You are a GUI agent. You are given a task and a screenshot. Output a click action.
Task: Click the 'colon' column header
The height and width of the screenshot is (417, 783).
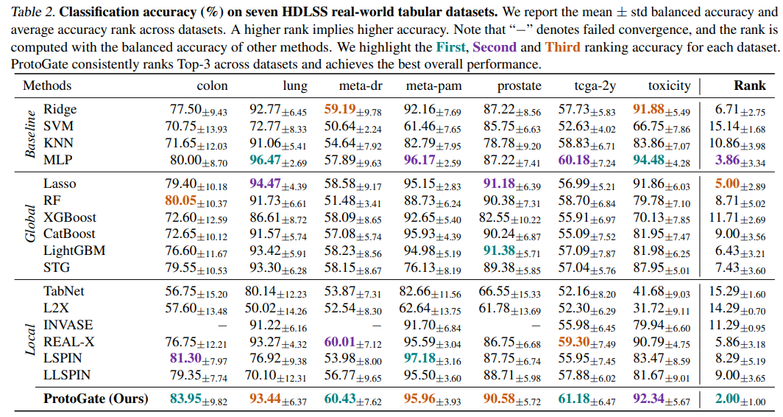(x=212, y=85)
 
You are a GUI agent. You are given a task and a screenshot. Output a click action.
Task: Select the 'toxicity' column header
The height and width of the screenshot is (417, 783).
(x=669, y=85)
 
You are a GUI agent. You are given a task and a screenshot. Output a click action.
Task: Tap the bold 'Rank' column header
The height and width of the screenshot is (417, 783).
(x=749, y=85)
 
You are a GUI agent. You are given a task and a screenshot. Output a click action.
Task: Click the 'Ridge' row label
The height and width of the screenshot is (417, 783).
(x=60, y=109)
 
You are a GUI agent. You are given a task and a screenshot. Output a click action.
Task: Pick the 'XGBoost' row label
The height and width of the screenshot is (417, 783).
(x=69, y=217)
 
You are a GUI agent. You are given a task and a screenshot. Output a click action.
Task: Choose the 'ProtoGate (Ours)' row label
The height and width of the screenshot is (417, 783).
(x=96, y=399)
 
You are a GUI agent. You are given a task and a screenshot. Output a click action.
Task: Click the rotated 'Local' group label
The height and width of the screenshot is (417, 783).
(x=30, y=335)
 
